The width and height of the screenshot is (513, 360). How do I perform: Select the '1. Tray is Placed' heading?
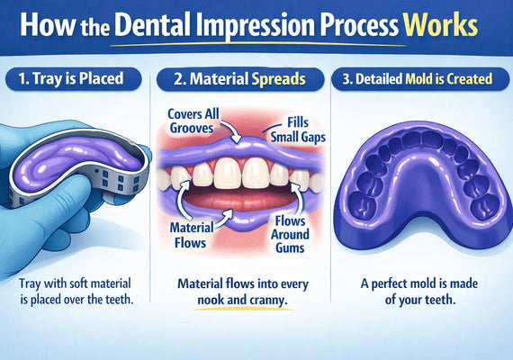(x=76, y=79)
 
